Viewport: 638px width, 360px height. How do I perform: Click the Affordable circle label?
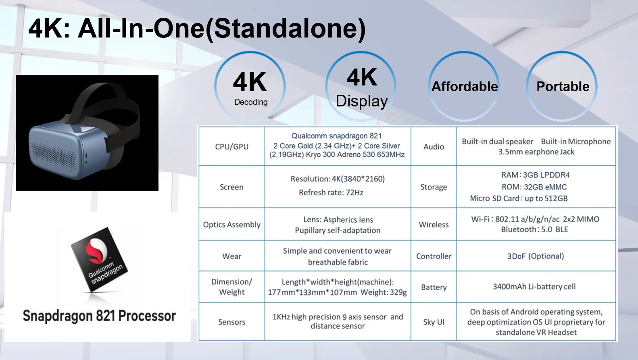[x=465, y=87]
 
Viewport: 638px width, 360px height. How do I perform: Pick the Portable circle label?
[x=563, y=87]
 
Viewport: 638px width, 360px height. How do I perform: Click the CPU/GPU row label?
[x=231, y=147]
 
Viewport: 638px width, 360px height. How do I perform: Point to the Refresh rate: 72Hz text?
[x=331, y=193]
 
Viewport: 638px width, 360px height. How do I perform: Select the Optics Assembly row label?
[x=231, y=225]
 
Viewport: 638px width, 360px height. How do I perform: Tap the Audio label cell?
[x=434, y=147]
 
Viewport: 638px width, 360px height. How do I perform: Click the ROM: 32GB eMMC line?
[x=534, y=187]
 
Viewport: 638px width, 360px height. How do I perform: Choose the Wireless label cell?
[x=434, y=225]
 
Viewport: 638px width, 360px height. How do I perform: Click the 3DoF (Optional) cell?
[x=536, y=256]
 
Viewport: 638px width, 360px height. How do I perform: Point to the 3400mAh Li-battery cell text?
[x=534, y=287]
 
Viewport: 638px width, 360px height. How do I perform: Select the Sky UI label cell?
[x=434, y=322]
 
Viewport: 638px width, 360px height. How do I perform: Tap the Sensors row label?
[x=231, y=322]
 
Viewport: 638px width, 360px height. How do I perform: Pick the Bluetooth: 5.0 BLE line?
[x=534, y=229]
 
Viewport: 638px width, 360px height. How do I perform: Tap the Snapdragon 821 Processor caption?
[x=99, y=316]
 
